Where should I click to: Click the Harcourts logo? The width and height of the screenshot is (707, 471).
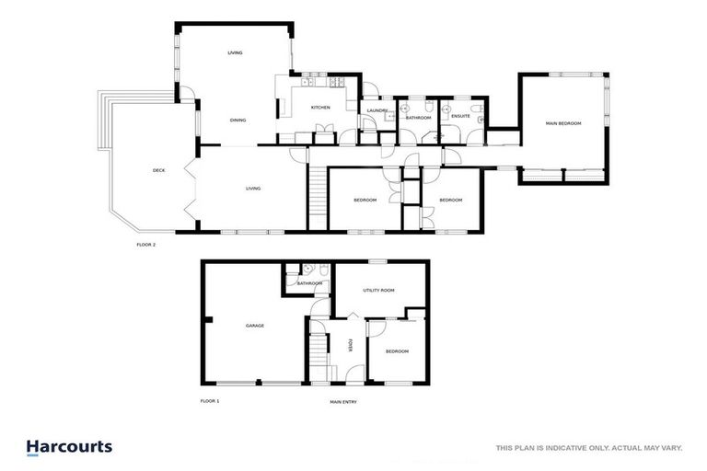tap(69, 448)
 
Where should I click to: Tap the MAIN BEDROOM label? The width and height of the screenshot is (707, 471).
tap(563, 123)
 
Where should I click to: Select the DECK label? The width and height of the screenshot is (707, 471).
tap(158, 170)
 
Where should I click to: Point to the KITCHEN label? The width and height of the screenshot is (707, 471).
tap(319, 108)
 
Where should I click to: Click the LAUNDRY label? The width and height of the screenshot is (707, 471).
tap(377, 111)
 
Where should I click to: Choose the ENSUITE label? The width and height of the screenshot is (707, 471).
tap(460, 117)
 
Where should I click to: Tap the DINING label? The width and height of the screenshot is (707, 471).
tap(238, 121)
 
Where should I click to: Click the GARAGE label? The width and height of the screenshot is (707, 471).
tap(255, 326)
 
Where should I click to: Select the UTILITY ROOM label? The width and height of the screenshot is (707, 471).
tap(378, 290)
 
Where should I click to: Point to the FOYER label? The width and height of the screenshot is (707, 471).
tap(351, 345)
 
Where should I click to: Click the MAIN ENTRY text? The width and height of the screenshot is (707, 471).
tap(343, 401)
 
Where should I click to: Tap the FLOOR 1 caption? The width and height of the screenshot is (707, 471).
tap(210, 401)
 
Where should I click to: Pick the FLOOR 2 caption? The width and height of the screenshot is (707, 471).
tap(146, 246)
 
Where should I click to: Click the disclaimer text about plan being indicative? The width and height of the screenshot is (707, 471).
tap(588, 448)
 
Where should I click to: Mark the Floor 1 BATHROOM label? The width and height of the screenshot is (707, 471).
tap(309, 283)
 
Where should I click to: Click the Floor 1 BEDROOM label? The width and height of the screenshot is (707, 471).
tap(397, 351)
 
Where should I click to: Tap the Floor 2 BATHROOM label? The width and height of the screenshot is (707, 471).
tap(419, 118)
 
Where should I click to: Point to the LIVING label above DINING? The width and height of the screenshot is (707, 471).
tap(235, 53)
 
